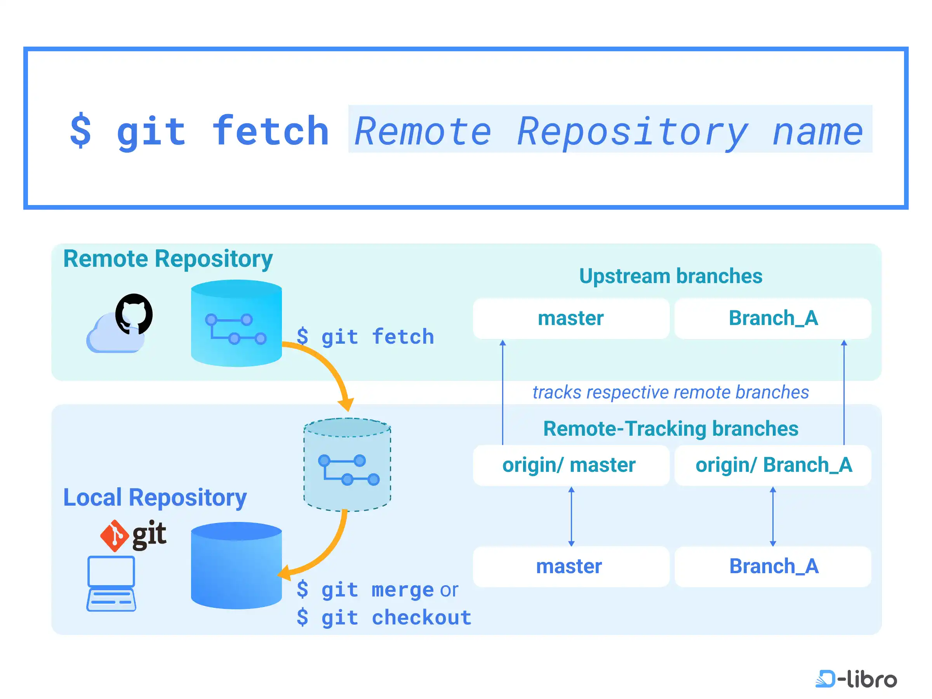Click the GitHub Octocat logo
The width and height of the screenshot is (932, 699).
[x=134, y=314]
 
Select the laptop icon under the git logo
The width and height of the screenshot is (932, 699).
[x=111, y=584]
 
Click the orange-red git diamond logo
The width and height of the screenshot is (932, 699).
[x=114, y=536]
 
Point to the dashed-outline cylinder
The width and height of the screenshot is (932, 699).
[x=347, y=465]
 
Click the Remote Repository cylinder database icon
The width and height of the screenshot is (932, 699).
[x=236, y=323]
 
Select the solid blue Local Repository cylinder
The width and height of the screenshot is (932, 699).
[x=236, y=565]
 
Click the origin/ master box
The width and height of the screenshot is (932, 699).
[x=571, y=465]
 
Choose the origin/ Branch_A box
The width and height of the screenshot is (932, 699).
[x=773, y=465]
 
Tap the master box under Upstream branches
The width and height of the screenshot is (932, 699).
[x=571, y=318]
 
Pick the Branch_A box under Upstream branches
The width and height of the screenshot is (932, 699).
[x=773, y=318]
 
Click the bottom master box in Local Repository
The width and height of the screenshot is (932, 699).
[x=571, y=566]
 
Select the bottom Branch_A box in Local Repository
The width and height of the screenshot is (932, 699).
[x=773, y=566]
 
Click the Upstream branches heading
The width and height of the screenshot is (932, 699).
[x=671, y=276]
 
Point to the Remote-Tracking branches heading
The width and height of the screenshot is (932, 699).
[x=671, y=428]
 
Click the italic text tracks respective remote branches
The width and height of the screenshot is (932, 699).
[x=671, y=392]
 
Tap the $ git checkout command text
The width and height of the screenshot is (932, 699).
[x=384, y=618]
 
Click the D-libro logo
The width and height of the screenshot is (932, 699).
[x=856, y=679]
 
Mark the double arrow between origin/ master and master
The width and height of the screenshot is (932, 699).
[x=571, y=516]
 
